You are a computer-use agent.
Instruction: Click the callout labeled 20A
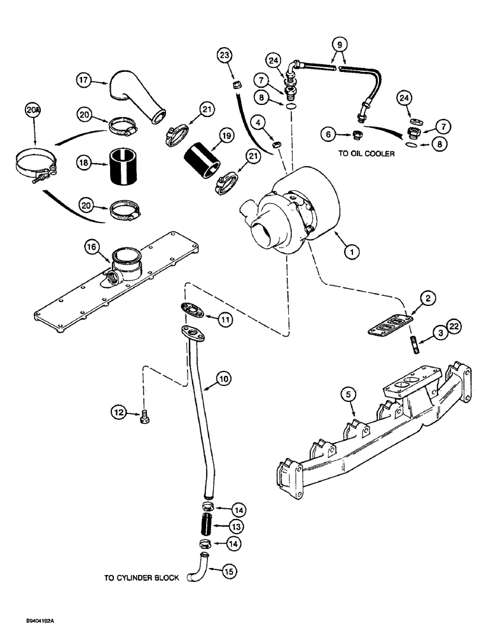pyautogui.click(x=34, y=110)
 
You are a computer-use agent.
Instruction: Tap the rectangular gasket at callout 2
pyautogui.click(x=388, y=324)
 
